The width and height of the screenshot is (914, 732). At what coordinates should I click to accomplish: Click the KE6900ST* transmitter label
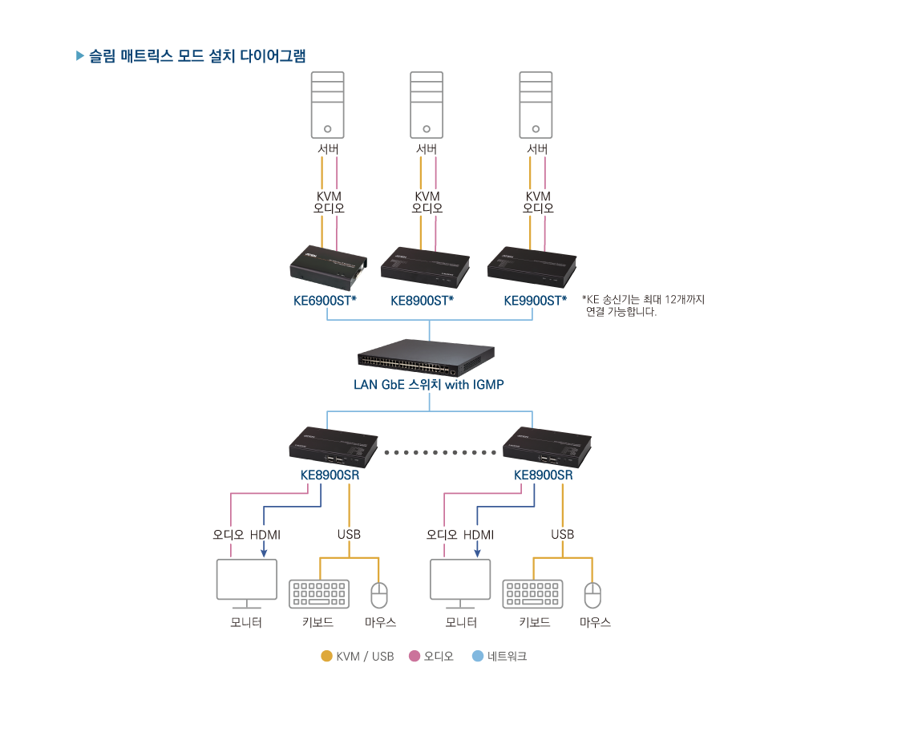(325, 301)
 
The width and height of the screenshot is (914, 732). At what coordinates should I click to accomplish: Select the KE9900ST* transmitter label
(535, 301)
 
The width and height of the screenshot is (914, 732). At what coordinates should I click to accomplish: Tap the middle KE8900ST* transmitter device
(425, 268)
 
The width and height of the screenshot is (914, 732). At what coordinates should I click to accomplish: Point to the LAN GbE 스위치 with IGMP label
(428, 385)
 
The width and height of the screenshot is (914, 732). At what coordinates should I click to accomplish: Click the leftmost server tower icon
(327, 106)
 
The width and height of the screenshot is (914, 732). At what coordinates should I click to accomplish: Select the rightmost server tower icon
(536, 106)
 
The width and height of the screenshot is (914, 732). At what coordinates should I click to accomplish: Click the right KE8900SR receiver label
(543, 475)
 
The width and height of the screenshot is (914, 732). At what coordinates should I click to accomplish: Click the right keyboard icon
(532, 594)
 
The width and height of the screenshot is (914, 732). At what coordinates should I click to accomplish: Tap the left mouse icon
(378, 595)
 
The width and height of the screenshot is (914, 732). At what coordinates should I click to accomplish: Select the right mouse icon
(592, 595)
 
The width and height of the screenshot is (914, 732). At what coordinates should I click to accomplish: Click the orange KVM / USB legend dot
(326, 656)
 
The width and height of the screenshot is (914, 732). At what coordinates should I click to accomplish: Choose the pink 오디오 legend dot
(415, 656)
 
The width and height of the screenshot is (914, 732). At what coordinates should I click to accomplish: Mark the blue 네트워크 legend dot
(478, 656)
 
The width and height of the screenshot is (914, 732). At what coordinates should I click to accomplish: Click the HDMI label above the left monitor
(265, 535)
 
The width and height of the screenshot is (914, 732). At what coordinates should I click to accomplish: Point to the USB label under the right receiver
(562, 535)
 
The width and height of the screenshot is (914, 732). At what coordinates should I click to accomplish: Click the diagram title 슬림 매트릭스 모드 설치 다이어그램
(196, 56)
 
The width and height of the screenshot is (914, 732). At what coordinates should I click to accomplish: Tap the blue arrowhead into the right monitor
(477, 552)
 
